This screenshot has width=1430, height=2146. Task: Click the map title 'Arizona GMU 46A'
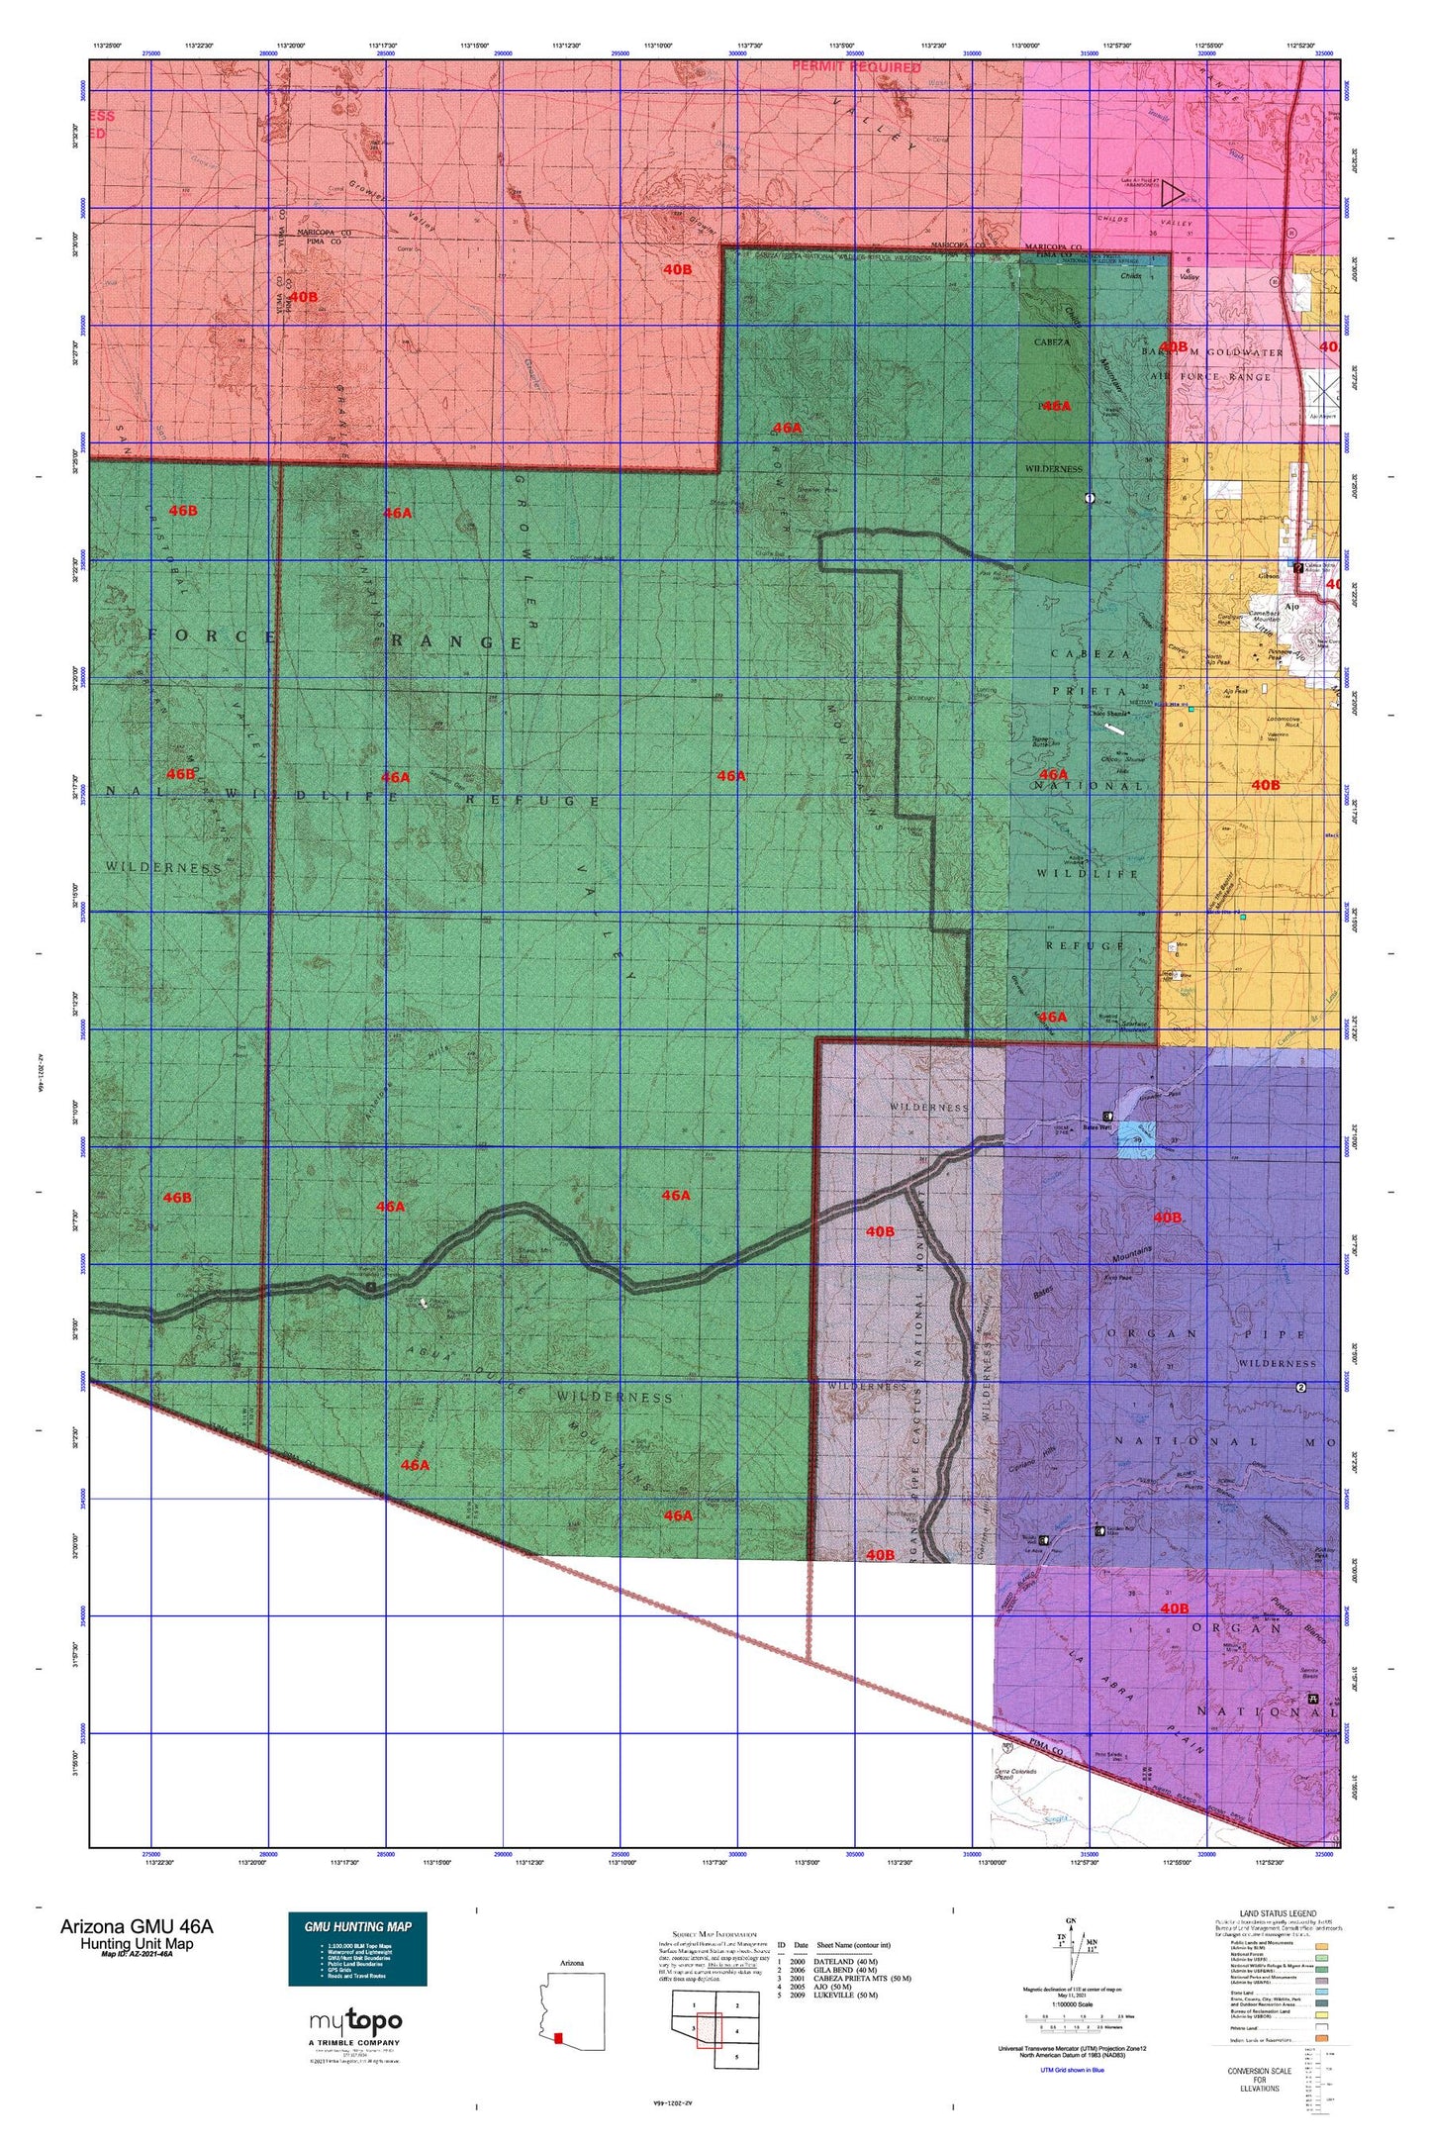136,1926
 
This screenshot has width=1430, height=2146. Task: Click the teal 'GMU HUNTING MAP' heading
357,1925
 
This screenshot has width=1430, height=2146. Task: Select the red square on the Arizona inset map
558,2037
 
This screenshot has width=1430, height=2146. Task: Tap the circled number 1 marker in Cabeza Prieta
1090,498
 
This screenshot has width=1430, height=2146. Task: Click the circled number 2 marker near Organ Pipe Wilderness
1301,1388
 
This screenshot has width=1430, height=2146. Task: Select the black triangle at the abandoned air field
1173,192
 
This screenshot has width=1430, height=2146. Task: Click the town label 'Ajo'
1290,607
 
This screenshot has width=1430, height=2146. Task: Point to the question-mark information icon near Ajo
1298,568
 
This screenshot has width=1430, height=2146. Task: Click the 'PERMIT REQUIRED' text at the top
856,67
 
